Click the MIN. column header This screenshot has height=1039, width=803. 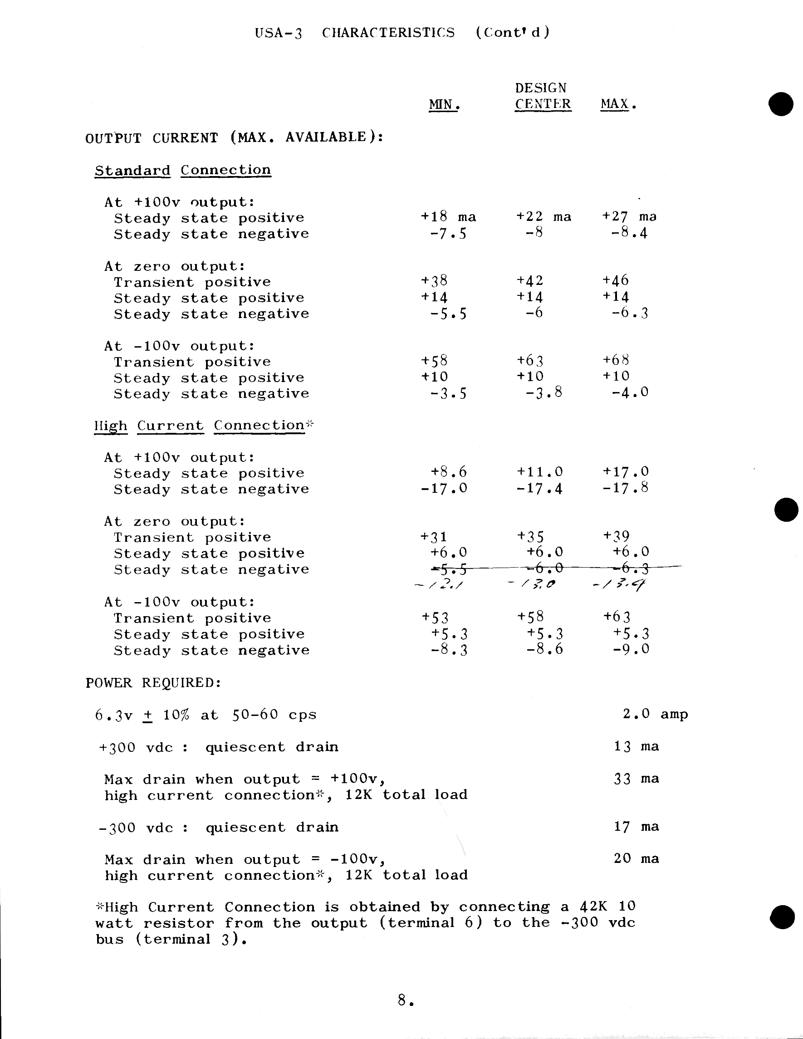pos(444,104)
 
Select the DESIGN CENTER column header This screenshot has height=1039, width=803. pos(542,96)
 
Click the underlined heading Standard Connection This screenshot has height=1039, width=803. pos(183,170)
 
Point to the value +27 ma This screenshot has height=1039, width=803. pos(629,216)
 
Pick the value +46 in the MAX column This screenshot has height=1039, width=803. pos(616,280)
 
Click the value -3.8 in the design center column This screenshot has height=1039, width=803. pos(544,392)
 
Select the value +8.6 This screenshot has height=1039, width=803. pos(449,472)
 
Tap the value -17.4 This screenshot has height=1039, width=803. pos(539,489)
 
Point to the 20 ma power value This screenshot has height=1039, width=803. pos(636,859)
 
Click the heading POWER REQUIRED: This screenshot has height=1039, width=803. pos(153,683)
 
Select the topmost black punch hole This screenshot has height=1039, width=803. pos(781,104)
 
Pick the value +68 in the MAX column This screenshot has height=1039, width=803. pos(616,360)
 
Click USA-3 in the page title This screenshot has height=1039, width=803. pos(278,33)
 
